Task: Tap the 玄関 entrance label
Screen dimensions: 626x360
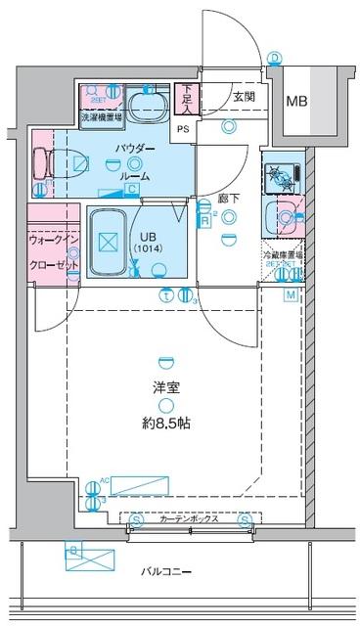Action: [244, 96]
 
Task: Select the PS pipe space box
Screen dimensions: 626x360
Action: [184, 128]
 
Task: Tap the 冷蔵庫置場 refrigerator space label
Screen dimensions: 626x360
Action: [283, 254]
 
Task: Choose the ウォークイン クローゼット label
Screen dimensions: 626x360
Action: [50, 249]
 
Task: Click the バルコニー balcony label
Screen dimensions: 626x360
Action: [161, 572]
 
